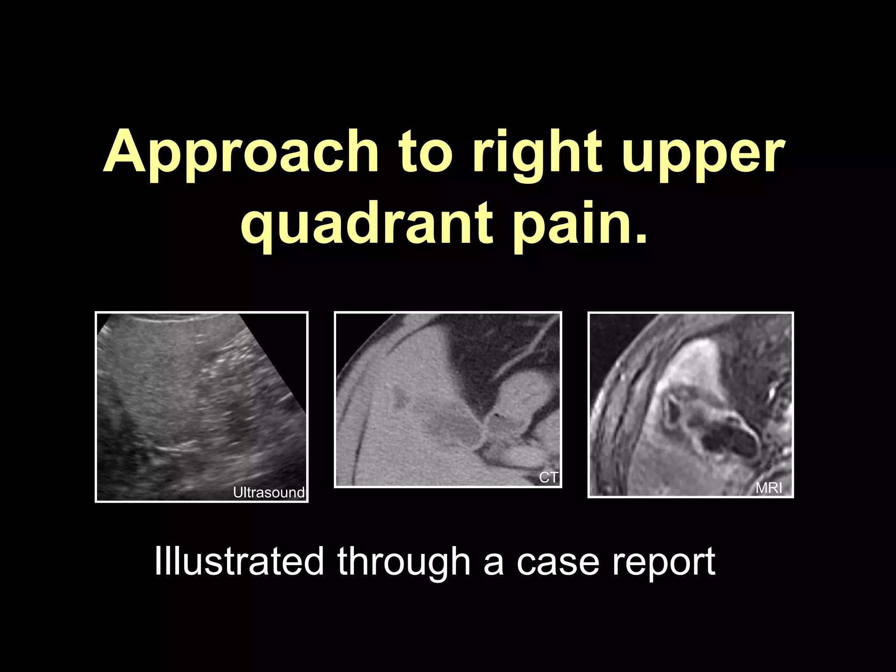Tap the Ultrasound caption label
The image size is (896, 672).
tap(268, 493)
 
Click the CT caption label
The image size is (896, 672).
tap(548, 478)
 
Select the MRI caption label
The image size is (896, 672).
tap(769, 488)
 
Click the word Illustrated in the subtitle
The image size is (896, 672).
tap(239, 561)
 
